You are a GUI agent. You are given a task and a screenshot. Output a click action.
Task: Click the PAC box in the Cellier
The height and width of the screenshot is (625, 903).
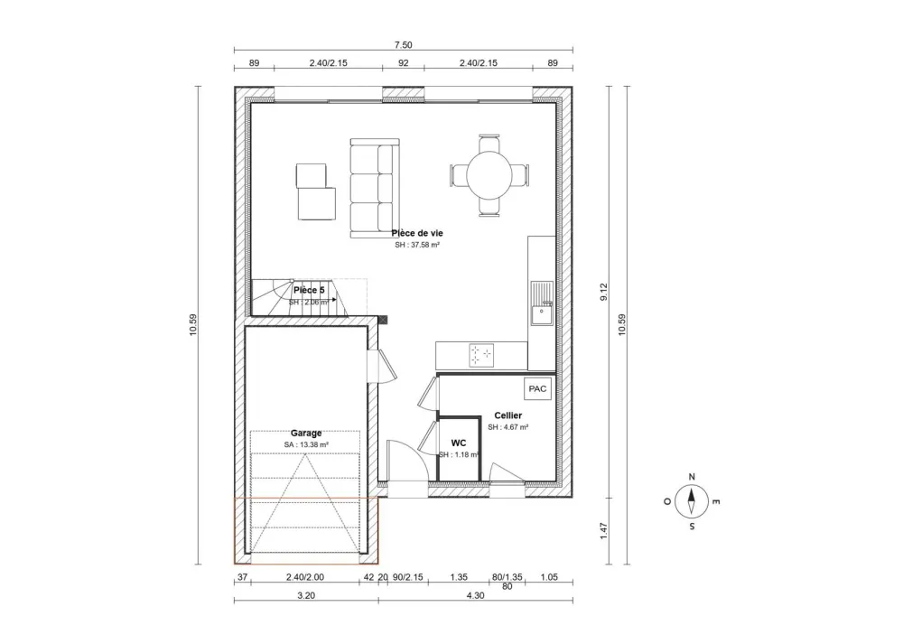[x=537, y=388]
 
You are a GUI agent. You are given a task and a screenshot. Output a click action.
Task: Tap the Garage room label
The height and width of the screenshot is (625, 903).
[x=306, y=433]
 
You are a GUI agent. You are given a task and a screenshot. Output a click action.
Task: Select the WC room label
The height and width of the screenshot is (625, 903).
[x=459, y=443]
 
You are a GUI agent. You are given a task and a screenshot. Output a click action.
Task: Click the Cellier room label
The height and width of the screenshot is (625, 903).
[x=507, y=415]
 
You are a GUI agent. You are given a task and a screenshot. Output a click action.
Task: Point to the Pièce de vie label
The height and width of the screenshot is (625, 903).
[x=417, y=233]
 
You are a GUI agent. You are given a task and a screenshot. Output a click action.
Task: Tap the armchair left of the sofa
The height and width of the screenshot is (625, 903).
[x=313, y=191]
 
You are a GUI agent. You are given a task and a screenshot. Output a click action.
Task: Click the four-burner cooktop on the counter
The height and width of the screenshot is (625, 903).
[x=481, y=355]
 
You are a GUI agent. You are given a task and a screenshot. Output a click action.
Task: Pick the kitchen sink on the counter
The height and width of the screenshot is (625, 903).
[x=542, y=303]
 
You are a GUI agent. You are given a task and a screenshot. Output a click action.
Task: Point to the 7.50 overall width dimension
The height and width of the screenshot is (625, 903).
[x=403, y=44]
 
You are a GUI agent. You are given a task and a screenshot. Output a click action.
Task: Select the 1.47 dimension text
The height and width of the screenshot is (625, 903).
[x=604, y=531]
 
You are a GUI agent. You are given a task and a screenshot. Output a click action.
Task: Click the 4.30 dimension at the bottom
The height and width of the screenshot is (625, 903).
[x=476, y=596]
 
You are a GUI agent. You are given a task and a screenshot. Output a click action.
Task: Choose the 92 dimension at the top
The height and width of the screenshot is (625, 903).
[x=403, y=63]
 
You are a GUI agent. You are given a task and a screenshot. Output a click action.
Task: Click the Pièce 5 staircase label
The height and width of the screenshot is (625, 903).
[x=309, y=290]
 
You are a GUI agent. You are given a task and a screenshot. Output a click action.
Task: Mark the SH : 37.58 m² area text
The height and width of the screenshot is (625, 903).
[x=416, y=245]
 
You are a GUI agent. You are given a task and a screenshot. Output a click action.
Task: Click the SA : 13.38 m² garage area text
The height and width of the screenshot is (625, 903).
[x=306, y=444]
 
